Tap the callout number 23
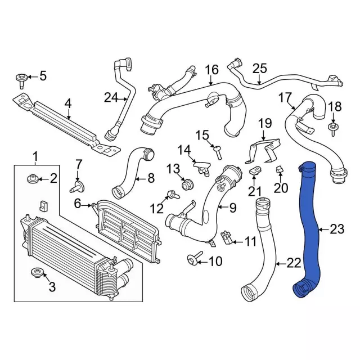[x=336, y=229]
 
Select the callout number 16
[x=211, y=70]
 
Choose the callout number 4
[x=67, y=103]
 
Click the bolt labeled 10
[x=192, y=259]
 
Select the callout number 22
[x=294, y=262]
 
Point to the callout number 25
[x=259, y=69]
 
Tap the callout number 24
[x=111, y=98]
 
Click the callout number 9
[x=232, y=208]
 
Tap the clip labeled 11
[x=227, y=237]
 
